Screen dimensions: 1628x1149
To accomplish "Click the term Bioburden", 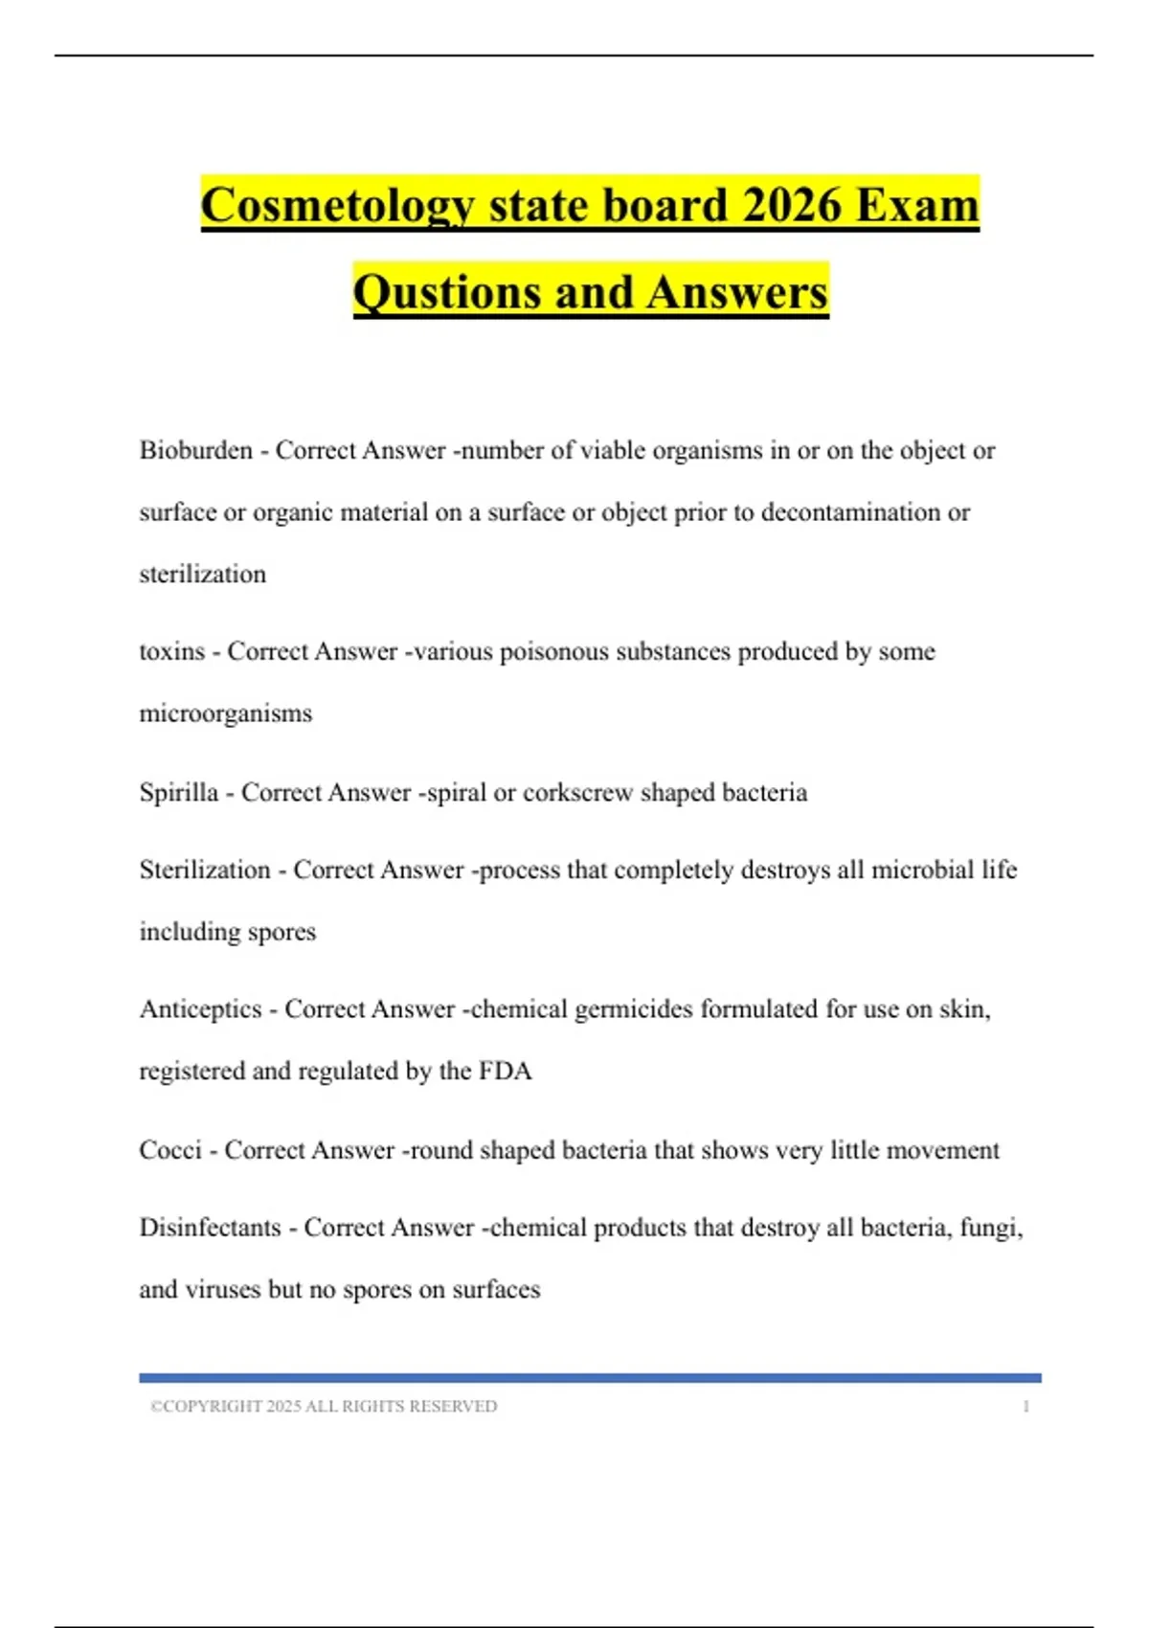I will pos(195,450).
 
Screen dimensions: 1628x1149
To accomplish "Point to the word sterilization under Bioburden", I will pos(202,574).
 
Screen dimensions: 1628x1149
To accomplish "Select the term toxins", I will pos(171,651).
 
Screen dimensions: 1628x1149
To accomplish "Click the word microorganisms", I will pos(225,713).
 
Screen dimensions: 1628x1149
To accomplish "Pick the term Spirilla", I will pos(178,792).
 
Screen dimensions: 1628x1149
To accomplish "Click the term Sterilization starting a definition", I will pos(205,870).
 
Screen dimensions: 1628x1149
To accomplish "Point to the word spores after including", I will pos(282,932).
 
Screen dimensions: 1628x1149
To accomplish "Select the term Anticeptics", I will pos(200,1008).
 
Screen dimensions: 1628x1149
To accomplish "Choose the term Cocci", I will pos(169,1149).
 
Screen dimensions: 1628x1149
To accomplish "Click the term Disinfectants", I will pos(210,1227).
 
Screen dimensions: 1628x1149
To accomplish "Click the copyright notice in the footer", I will pos(324,1406).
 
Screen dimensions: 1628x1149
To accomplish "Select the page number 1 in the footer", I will pos(1025,1406).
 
